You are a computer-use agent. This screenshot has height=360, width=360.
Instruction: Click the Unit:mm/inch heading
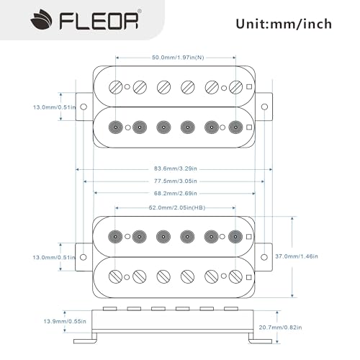284,24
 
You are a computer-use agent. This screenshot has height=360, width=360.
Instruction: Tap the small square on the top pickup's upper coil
248,87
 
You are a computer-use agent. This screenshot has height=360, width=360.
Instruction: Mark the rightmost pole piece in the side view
230,308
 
